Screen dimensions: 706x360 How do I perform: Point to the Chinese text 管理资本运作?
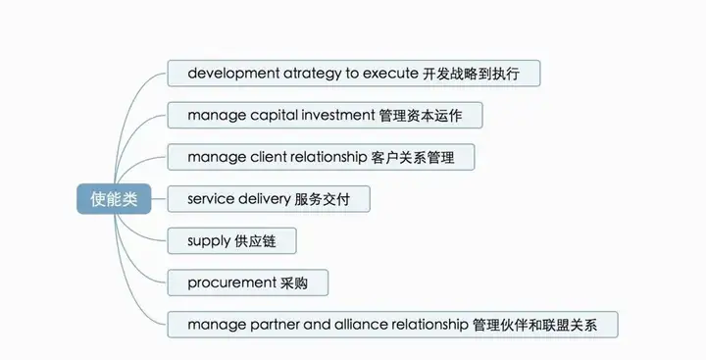click(x=429, y=116)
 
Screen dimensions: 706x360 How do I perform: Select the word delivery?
click(x=264, y=199)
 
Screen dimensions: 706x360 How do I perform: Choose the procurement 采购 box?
click(x=247, y=283)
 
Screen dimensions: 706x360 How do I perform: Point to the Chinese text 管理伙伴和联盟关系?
click(x=545, y=325)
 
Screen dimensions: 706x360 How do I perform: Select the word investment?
click(x=337, y=116)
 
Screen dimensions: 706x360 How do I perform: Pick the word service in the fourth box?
click(x=211, y=199)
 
